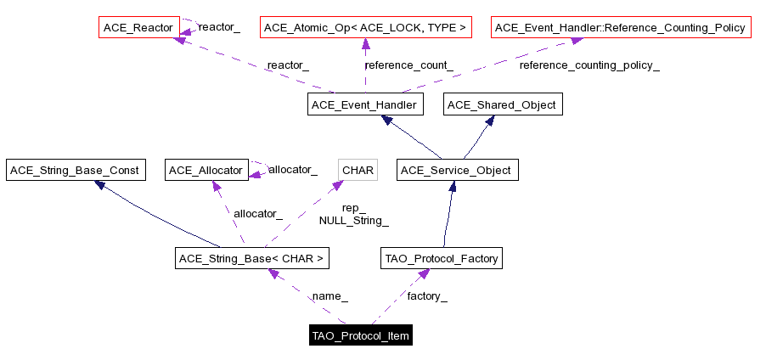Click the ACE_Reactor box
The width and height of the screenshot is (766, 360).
pos(138,28)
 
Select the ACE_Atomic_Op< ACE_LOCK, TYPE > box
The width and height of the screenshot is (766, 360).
pos(365,28)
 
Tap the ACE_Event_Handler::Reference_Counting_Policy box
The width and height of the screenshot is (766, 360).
pos(620,28)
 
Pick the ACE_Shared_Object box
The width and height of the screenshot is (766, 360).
pos(502,105)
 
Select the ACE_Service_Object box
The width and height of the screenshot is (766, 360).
pos(456,171)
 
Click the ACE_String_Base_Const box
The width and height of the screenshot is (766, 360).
pos(73,171)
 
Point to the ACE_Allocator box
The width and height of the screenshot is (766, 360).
pos(206,171)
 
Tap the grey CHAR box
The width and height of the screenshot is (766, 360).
pos(358,171)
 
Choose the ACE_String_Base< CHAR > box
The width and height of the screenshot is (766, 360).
pos(251,258)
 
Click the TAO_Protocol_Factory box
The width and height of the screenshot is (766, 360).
pos(442,258)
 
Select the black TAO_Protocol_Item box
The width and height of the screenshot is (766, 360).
pos(361,336)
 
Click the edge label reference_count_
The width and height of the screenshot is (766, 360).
pos(408,65)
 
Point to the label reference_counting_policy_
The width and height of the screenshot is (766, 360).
pos(589,65)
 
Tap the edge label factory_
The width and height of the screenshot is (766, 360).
pos(427,296)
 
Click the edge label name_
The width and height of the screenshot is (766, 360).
pos(330,296)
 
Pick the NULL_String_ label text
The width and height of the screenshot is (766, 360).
pos(353,221)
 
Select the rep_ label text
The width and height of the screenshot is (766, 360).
pos(353,208)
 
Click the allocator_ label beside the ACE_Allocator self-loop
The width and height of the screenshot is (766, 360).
pos(293,170)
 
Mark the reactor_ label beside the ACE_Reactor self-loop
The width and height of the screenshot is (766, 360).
pos(219,27)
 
